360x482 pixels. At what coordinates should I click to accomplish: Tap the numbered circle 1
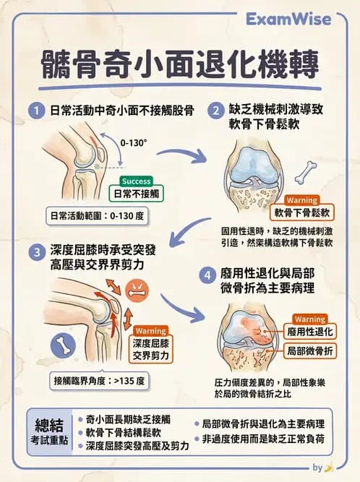(35, 111)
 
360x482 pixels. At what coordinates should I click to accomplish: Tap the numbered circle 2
(215, 111)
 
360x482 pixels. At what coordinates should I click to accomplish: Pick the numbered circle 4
(207, 275)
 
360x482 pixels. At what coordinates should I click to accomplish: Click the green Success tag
(136, 181)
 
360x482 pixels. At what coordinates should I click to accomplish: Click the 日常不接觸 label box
(137, 194)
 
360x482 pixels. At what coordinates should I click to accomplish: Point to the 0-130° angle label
(134, 142)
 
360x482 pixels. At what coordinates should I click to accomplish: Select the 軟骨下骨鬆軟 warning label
(302, 212)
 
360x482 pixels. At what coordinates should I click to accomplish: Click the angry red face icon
(135, 291)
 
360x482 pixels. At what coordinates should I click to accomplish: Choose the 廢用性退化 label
(309, 332)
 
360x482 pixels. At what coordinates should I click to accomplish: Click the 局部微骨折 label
(309, 350)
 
